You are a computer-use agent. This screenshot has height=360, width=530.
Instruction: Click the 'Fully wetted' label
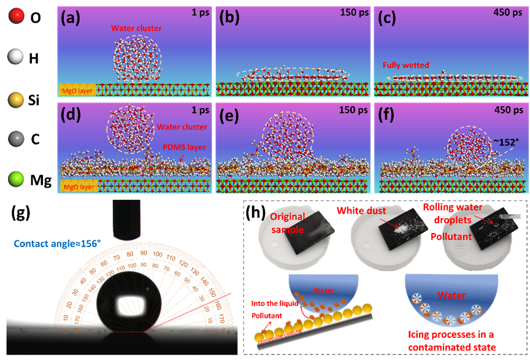click(x=405, y=64)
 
